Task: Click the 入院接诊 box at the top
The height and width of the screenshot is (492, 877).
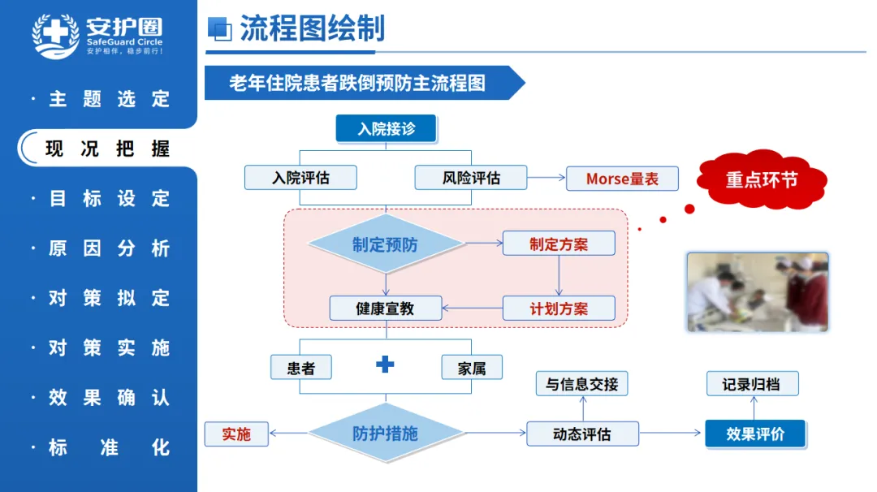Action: click(x=386, y=128)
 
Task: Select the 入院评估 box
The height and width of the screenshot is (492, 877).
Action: click(x=300, y=178)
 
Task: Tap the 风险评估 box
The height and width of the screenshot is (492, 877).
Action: click(x=471, y=178)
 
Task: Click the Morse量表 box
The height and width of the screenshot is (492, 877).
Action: click(x=622, y=179)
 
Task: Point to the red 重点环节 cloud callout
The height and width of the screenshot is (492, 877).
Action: click(x=762, y=179)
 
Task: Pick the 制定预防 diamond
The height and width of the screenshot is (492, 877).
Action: click(x=386, y=244)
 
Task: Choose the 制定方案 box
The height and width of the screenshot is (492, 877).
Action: click(x=559, y=244)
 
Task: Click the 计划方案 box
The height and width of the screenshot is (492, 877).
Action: click(x=559, y=308)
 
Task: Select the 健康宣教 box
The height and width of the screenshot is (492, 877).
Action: click(x=386, y=308)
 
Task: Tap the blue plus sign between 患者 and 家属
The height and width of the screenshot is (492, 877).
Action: click(x=385, y=365)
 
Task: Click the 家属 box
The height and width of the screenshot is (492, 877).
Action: click(x=472, y=368)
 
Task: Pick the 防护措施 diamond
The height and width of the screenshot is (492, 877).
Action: click(x=386, y=433)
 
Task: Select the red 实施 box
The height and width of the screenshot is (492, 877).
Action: click(x=236, y=434)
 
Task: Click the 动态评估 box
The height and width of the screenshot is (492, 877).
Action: click(x=582, y=434)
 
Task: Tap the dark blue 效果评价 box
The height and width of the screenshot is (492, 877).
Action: click(x=755, y=434)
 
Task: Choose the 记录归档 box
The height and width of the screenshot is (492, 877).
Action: click(x=752, y=384)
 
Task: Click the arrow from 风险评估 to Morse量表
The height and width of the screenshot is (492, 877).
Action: click(x=547, y=178)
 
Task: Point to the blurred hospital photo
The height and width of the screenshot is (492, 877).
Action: click(x=758, y=291)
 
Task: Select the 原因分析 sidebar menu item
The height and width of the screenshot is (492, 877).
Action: click(x=109, y=248)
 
